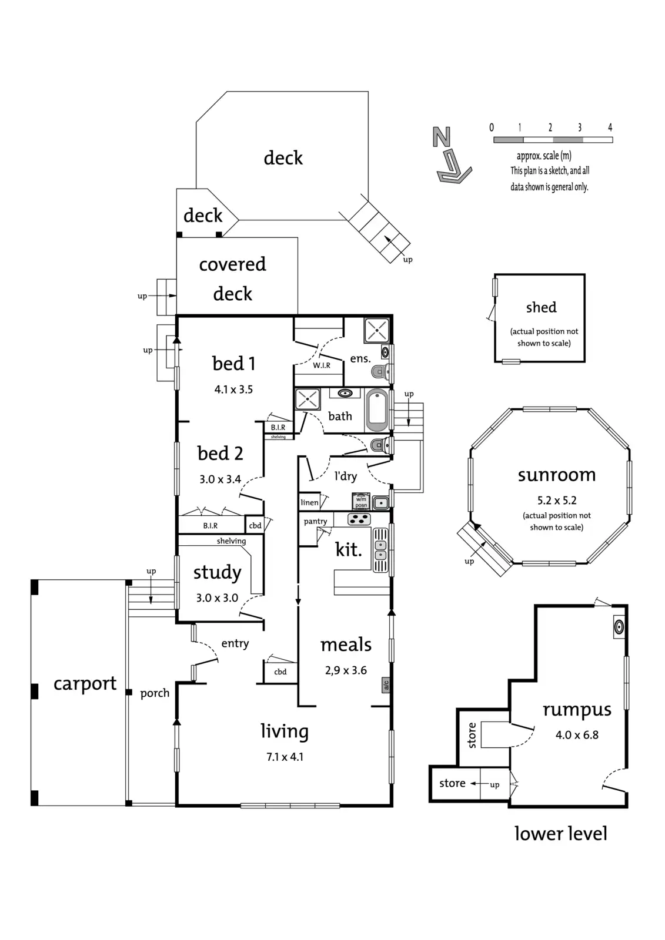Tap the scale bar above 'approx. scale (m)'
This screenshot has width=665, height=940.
click(553, 140)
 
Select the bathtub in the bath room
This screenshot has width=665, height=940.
click(377, 410)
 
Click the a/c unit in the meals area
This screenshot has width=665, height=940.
click(386, 684)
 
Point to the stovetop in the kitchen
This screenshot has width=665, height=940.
click(359, 519)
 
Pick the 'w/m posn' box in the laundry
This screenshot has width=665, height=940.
click(361, 502)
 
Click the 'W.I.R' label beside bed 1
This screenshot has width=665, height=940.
click(321, 365)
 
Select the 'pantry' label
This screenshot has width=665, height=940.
click(316, 521)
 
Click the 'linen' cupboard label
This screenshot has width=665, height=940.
click(309, 502)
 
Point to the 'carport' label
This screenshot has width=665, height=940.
click(85, 683)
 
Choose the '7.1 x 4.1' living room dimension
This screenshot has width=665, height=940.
click(285, 757)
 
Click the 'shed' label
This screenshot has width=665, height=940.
click(541, 307)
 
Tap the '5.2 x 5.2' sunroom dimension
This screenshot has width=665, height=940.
click(557, 501)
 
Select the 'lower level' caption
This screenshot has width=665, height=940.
click(560, 834)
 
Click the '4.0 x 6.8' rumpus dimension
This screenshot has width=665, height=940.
click(577, 735)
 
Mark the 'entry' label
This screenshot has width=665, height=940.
click(235, 643)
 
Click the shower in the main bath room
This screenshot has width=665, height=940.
click(308, 399)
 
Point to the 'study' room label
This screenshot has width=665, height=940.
click(217, 572)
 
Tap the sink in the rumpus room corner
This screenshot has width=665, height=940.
click(619, 627)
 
